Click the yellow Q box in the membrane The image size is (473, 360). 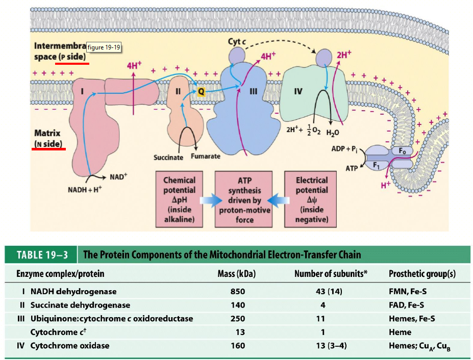202,91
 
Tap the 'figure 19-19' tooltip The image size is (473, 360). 104,47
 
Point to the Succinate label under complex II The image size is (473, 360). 168,157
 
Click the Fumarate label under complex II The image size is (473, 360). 206,156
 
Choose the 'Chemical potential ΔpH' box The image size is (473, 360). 179,200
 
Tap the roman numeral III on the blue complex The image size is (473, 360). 253,92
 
